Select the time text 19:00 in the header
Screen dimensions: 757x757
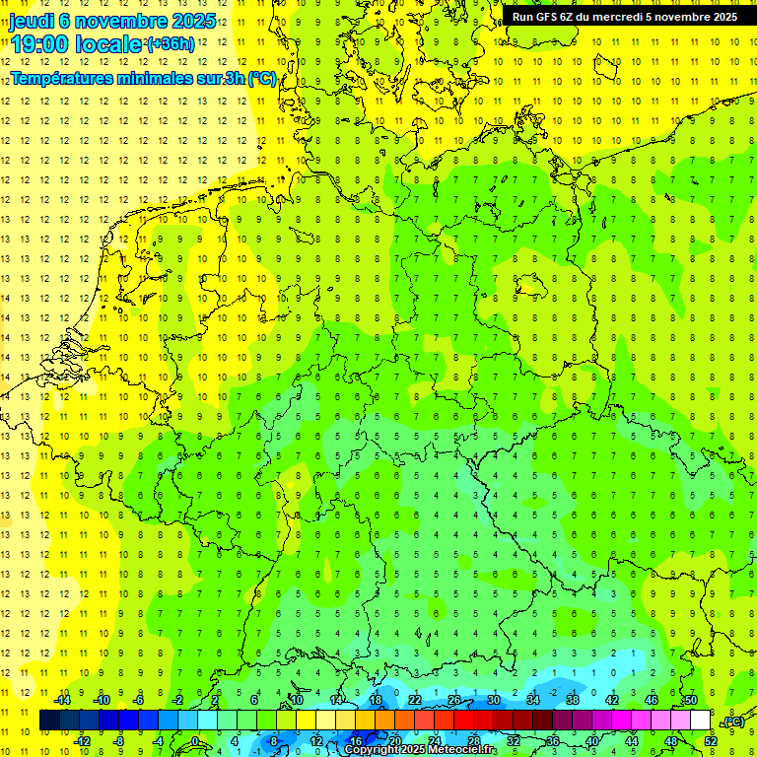pos(40,44)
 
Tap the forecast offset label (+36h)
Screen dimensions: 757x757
pos(171,44)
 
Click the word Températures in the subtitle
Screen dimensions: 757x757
pos(63,79)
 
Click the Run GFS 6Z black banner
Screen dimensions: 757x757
pos(624,16)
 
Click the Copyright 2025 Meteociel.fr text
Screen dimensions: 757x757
pos(421,750)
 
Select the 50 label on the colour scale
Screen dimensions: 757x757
pos(691,700)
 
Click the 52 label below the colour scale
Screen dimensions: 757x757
pos(711,741)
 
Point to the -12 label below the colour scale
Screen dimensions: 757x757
pos(83,741)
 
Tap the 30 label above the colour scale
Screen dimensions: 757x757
pos(493,700)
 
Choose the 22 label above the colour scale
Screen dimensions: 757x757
pos(415,700)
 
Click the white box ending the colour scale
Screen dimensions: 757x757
pos(701,721)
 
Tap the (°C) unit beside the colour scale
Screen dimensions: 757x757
pos(732,722)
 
